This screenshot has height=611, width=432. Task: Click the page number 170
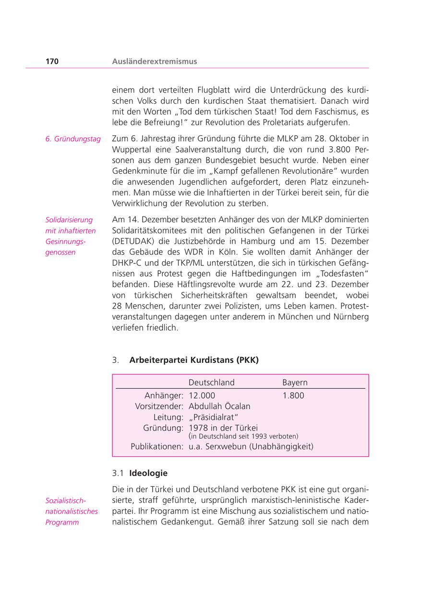pyautogui.click(x=52, y=61)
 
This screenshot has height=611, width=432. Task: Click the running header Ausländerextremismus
pyautogui.click(x=154, y=61)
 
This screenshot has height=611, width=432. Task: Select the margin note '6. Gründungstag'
pyautogui.click(x=73, y=139)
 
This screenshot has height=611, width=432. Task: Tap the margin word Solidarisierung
pyautogui.click(x=69, y=220)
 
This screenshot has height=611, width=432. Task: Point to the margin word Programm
pyautogui.click(x=62, y=522)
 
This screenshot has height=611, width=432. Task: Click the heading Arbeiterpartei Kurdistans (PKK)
pyautogui.click(x=194, y=360)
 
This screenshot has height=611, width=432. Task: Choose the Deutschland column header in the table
pyautogui.click(x=212, y=383)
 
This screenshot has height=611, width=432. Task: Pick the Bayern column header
pyautogui.click(x=295, y=383)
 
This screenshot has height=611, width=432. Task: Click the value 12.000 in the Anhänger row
pyautogui.click(x=202, y=395)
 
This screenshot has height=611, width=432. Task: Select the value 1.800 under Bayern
pyautogui.click(x=293, y=395)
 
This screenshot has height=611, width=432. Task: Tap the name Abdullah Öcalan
pyautogui.click(x=219, y=406)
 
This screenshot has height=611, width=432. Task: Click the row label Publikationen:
pyautogui.click(x=157, y=446)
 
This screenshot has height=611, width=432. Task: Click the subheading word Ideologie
pyautogui.click(x=148, y=473)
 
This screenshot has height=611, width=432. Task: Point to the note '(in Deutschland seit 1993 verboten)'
pyautogui.click(x=243, y=436)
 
